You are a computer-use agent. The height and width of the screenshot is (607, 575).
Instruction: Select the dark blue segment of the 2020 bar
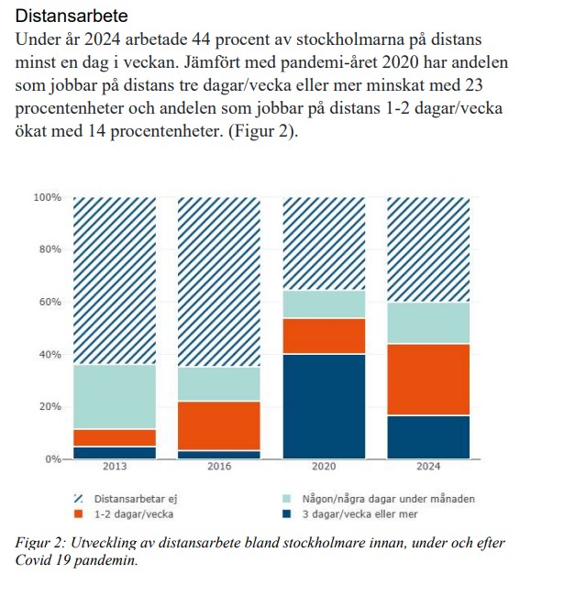point(324,406)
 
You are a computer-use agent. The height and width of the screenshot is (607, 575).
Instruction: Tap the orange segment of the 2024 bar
point(428,380)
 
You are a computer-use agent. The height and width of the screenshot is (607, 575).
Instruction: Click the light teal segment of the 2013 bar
point(115,397)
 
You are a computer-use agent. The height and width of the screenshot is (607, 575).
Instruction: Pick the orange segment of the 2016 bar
point(219,425)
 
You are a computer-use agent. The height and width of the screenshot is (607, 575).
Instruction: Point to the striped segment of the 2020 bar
point(324,244)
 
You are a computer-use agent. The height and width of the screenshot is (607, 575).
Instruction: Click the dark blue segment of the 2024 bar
point(428,436)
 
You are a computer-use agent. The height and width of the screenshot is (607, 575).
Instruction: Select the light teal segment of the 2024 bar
point(428,323)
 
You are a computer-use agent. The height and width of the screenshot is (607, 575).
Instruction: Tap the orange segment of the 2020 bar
point(324,336)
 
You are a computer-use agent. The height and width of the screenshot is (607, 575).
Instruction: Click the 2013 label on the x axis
point(115,467)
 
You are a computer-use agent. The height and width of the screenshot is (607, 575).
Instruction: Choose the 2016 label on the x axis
point(219,467)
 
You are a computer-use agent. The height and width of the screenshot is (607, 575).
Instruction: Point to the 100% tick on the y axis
point(47,198)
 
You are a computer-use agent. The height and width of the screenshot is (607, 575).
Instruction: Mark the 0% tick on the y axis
point(52,459)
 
